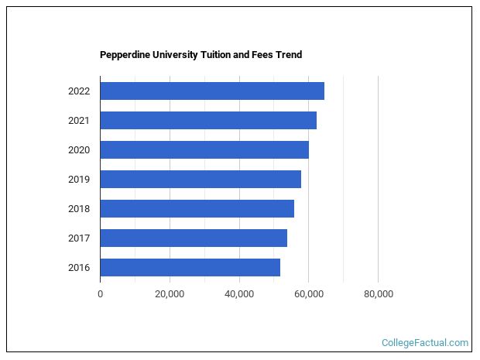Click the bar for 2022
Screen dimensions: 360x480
coord(212,91)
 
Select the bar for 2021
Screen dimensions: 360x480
coord(208,120)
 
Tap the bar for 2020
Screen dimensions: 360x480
coord(204,149)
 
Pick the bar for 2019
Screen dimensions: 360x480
coord(201,179)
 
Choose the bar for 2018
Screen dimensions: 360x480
coord(197,208)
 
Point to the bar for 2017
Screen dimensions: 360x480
coord(194,238)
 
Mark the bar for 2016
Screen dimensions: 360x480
coord(190,267)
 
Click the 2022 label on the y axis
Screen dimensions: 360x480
coord(79,91)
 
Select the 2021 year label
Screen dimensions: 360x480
coord(79,121)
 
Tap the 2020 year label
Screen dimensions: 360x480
coord(79,150)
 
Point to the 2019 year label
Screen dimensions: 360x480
coord(79,180)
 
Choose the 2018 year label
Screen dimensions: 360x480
coord(79,209)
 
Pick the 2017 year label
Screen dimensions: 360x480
coord(79,238)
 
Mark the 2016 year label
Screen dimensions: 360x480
coord(79,268)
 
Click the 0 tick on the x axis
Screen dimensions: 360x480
coord(100,294)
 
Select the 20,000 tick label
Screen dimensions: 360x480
coord(170,294)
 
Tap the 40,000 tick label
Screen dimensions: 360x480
coord(239,294)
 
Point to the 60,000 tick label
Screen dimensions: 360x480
coord(308,294)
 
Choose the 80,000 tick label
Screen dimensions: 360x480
coord(378,294)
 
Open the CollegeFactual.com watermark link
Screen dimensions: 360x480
coord(425,342)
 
